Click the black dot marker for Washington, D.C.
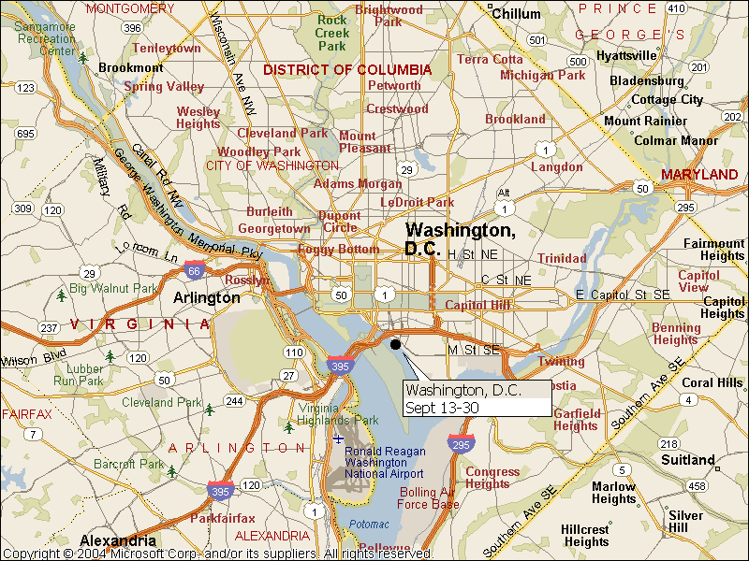tap(395, 344)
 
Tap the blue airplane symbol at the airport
tap(338, 439)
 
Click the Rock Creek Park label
tap(332, 33)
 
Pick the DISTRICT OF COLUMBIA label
tap(347, 70)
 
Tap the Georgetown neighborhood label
tap(274, 228)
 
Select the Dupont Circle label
tap(340, 221)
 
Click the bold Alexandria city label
tap(118, 540)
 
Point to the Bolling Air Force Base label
tap(429, 498)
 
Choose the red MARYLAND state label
tap(699, 175)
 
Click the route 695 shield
tap(25, 134)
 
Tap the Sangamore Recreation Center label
tap(45, 38)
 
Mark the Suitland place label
tap(688, 460)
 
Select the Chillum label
tap(516, 14)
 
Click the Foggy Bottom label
tap(339, 250)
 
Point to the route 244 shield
tap(234, 401)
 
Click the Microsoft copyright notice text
tap(217, 554)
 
